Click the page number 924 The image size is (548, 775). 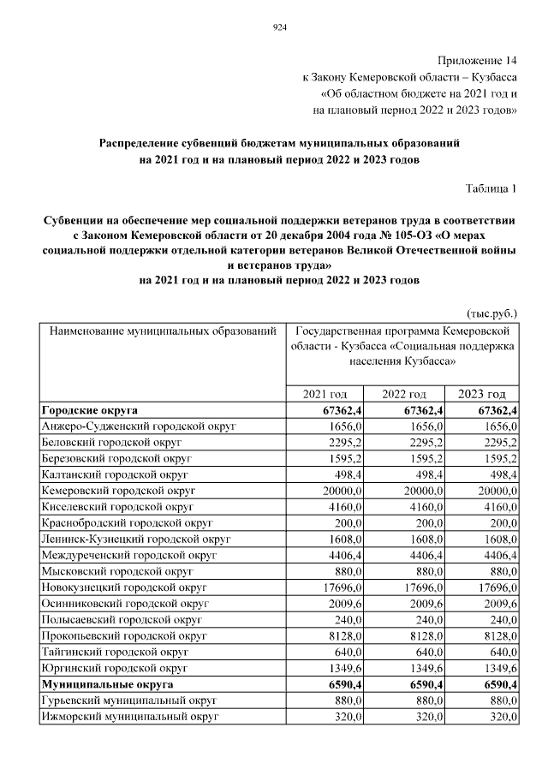pyautogui.click(x=278, y=28)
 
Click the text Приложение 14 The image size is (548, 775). pyautogui.click(x=478, y=61)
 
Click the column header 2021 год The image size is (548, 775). pyautogui.click(x=325, y=394)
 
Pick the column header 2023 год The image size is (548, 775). pyautogui.click(x=482, y=394)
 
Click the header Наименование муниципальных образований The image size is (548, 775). pyautogui.click(x=162, y=330)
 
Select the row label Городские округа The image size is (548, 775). pyautogui.click(x=90, y=411)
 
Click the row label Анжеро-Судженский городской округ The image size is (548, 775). pyautogui.click(x=138, y=426)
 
